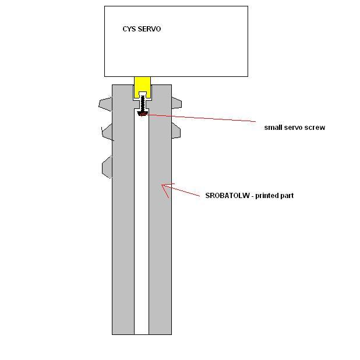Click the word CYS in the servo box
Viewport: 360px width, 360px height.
point(129,29)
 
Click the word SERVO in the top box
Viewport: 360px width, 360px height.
point(150,29)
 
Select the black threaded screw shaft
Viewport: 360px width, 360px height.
point(142,104)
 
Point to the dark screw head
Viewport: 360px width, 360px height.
point(142,112)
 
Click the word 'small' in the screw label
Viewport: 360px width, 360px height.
point(274,127)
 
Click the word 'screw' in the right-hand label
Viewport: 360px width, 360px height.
point(315,127)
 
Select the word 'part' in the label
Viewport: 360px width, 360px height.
point(287,196)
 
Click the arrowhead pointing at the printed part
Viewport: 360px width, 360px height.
point(165,188)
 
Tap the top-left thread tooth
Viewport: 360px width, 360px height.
point(105,104)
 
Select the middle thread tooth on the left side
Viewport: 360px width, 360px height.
point(107,132)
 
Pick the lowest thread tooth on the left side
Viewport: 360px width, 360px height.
point(107,167)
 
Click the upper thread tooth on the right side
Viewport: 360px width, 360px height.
point(176,103)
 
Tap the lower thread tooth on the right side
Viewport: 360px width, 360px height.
point(176,132)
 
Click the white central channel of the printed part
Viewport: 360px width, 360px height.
point(142,233)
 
